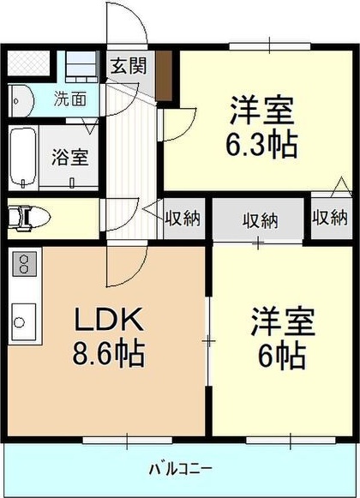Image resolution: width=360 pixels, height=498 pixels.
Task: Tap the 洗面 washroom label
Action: tap(71, 98)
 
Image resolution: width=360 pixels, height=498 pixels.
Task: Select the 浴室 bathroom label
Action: tap(70, 157)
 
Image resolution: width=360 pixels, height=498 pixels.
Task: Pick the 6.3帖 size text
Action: tap(262, 142)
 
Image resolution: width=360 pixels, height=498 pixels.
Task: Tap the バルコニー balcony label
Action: tap(181, 468)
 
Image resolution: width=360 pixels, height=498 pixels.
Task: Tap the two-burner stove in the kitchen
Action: tap(24, 264)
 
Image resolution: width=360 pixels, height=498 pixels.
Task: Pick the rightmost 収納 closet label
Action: tap(330, 218)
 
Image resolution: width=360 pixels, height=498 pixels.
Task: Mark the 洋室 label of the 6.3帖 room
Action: tap(262, 111)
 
